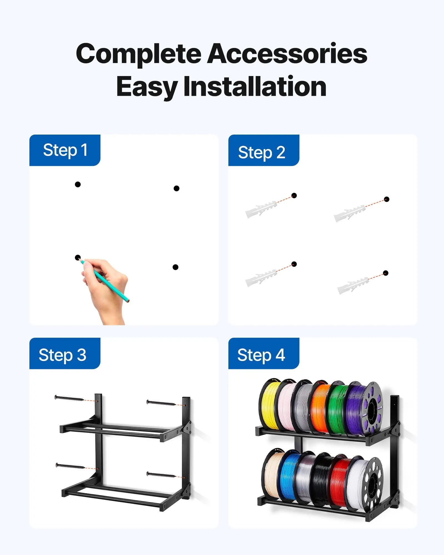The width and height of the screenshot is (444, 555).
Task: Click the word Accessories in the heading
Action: coord(287,54)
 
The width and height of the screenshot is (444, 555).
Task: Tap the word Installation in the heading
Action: coord(255,87)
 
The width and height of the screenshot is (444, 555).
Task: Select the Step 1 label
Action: coord(65,150)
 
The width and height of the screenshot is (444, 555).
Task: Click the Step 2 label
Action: coord(261,152)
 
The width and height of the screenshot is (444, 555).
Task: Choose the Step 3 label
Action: coord(62,355)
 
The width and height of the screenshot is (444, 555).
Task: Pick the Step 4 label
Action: coord(261,355)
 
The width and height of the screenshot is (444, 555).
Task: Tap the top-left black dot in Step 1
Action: coord(78,184)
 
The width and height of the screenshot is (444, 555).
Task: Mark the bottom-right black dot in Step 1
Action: coord(175,267)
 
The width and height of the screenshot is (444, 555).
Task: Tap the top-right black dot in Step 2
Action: coord(387,199)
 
